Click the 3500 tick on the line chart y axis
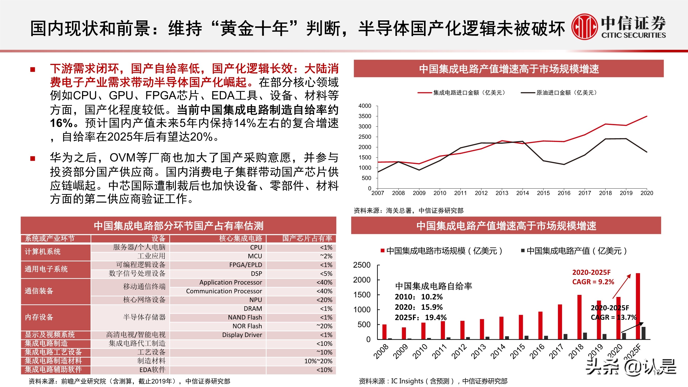365,116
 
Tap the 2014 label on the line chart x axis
522,193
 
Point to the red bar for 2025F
638,306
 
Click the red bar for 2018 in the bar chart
579,317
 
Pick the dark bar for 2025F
643,333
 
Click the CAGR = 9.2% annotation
593,282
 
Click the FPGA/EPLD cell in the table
245,265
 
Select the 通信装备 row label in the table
39,291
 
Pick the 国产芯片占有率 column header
307,238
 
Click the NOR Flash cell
247,326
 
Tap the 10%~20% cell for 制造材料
318,361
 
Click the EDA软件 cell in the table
152,370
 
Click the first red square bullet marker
33,70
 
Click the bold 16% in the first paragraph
61,123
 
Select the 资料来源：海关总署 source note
408,211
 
